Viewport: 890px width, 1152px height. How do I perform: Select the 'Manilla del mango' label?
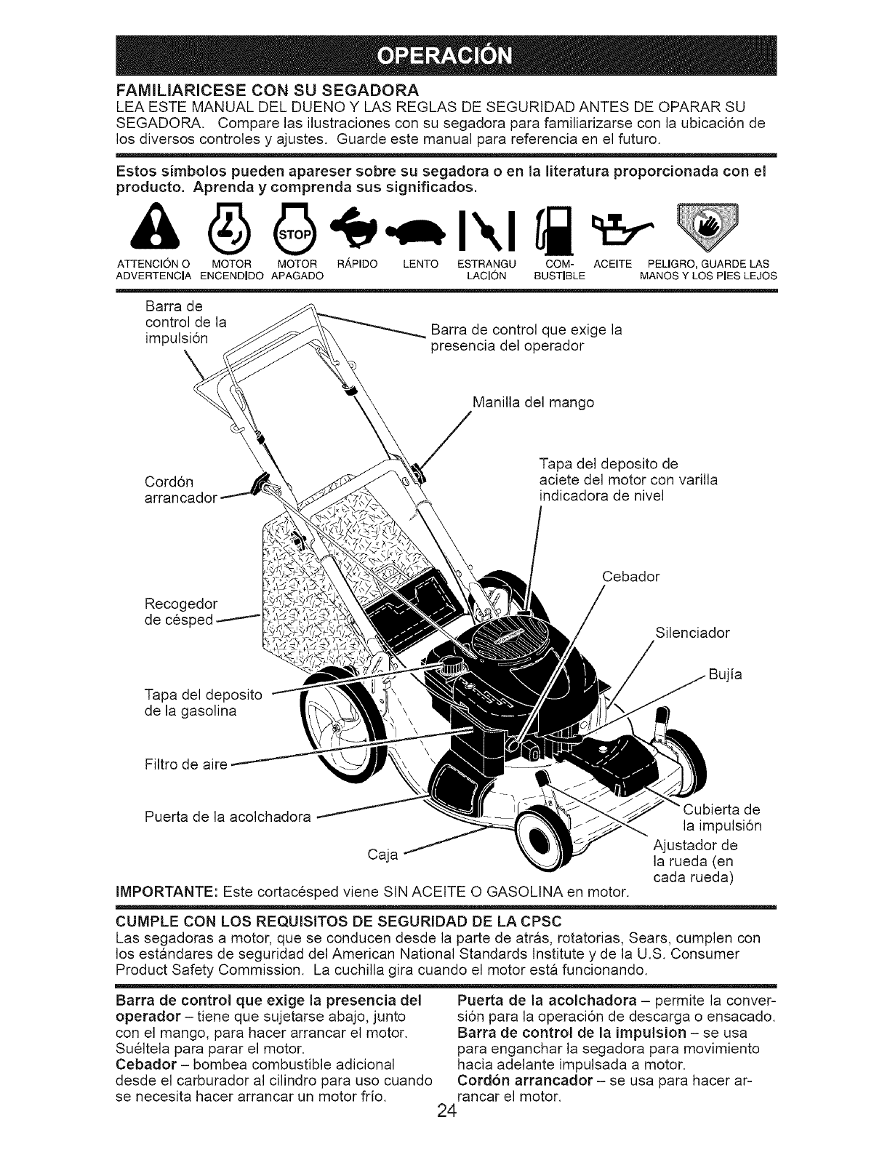[x=533, y=402]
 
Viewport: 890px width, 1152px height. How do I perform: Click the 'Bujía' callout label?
[x=726, y=675]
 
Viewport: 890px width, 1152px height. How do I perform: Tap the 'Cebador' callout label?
[x=631, y=577]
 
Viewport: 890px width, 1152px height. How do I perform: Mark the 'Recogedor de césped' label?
[x=181, y=612]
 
